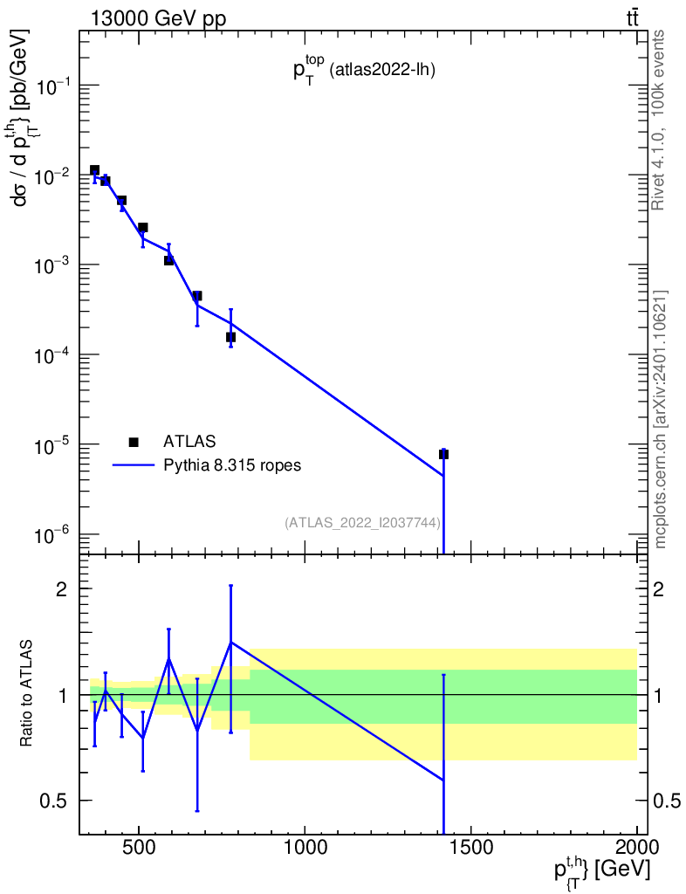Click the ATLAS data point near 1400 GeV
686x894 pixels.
point(443,454)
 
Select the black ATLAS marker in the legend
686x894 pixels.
point(133,441)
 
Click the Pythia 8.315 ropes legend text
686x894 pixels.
point(231,465)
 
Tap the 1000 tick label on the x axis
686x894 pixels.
point(305,847)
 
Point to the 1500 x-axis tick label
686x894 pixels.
point(471,847)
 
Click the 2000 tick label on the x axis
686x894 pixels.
point(637,847)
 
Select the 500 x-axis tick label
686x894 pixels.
point(139,847)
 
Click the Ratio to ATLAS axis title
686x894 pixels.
point(28,693)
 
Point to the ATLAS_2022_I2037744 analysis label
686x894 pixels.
point(362,522)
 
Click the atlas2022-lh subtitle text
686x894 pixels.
point(381,72)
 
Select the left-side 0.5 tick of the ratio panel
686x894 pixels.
point(58,801)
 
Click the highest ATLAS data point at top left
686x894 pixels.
point(94,170)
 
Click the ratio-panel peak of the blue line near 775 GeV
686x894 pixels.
point(230,643)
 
